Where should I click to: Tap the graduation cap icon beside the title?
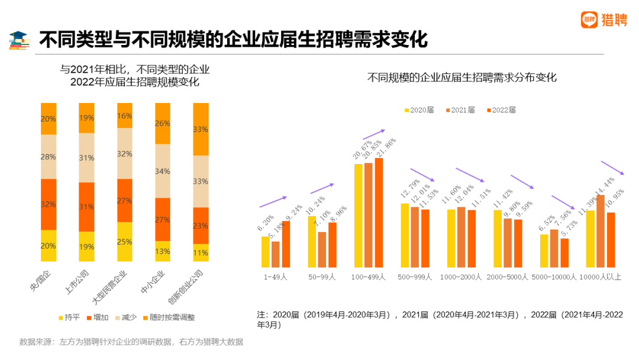(20, 40)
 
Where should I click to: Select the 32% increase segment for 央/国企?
(49, 204)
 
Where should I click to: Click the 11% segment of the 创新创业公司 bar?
(201, 253)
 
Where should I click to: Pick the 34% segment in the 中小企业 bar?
(163, 171)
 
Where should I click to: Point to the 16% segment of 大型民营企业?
(125, 115)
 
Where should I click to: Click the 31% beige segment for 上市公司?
(86, 157)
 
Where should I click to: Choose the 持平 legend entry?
(68, 317)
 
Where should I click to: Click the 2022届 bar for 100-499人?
(379, 213)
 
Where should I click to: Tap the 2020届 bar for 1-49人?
(266, 252)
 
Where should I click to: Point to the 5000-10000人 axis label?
(554, 277)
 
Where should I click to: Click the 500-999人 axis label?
(415, 277)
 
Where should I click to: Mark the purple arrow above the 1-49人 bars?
(273, 202)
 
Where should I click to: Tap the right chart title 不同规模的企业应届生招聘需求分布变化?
(462, 78)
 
